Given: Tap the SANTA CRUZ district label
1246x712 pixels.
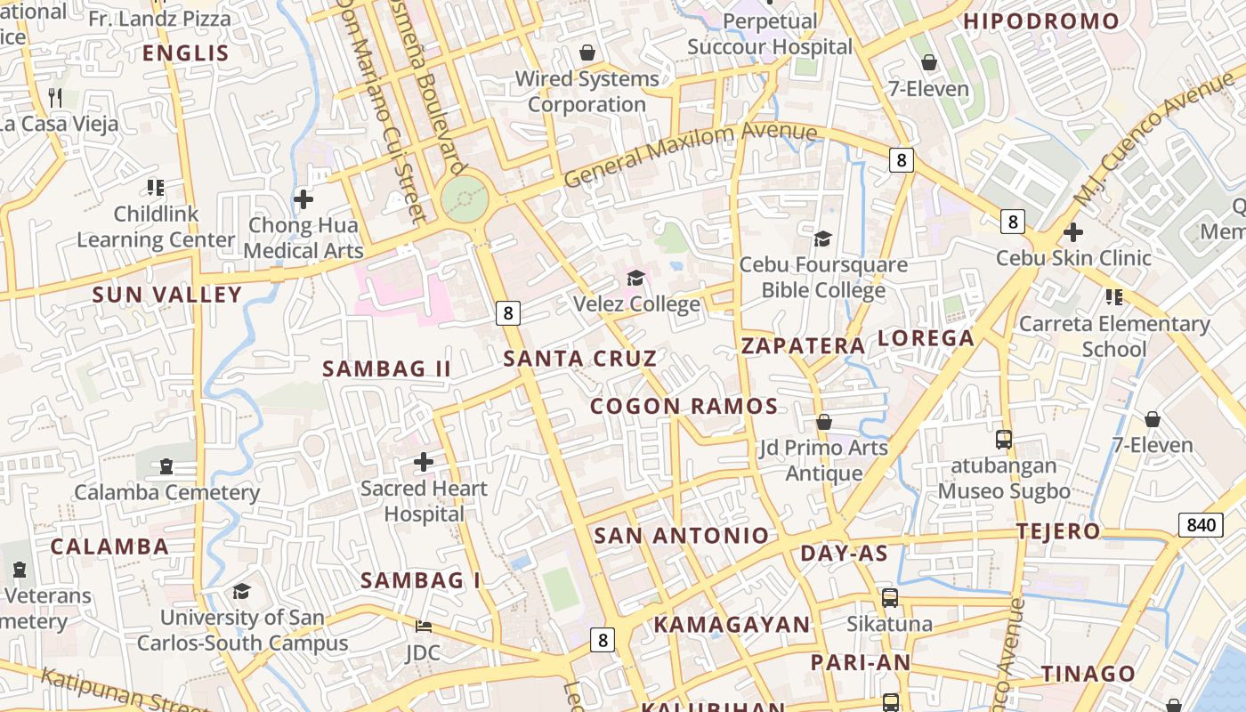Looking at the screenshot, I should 580,359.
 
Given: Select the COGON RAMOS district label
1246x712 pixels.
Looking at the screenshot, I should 684,407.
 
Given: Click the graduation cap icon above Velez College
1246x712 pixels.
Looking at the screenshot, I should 635,279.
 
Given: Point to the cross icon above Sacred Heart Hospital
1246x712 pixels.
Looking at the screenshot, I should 424,462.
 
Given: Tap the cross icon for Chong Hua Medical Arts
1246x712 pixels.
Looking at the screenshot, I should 303,199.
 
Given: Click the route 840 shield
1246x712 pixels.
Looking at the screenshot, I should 1201,525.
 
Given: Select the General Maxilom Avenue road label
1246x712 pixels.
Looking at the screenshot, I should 690,154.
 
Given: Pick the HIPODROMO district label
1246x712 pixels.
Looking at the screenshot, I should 1041,21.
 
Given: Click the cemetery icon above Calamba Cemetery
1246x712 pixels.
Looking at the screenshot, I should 166,465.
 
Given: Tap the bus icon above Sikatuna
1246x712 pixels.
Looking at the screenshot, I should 889,598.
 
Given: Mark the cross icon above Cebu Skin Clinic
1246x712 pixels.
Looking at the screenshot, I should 1073,232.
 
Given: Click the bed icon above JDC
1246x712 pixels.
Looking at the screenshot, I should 424,627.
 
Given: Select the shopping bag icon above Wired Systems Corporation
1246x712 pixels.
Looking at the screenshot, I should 587,53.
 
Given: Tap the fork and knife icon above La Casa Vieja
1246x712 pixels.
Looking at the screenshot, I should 55,97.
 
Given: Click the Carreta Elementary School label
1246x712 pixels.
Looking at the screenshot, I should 1114,336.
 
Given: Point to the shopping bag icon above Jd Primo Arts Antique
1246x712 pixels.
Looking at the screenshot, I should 824,421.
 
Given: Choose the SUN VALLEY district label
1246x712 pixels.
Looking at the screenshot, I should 167,295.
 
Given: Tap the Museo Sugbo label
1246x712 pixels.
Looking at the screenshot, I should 1004,491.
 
